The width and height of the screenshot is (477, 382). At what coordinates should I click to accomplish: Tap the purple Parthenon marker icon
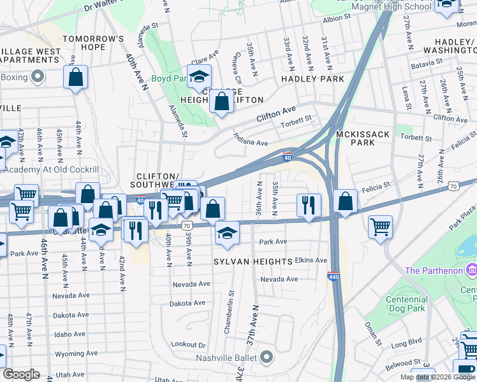(x=471, y=270)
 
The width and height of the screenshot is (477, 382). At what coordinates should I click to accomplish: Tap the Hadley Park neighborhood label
(x=312, y=79)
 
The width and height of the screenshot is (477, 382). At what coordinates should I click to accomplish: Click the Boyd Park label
(x=168, y=79)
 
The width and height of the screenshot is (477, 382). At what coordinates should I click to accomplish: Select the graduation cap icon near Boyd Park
(x=199, y=76)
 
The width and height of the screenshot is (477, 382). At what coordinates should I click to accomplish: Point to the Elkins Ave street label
(x=311, y=260)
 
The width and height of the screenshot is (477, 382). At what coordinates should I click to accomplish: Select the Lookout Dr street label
(x=189, y=344)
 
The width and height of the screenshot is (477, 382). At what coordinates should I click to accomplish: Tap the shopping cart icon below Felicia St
(x=380, y=227)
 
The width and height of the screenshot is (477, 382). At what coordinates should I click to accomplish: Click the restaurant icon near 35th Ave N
(x=309, y=205)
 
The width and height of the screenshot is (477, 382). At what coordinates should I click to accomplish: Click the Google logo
(x=21, y=374)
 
